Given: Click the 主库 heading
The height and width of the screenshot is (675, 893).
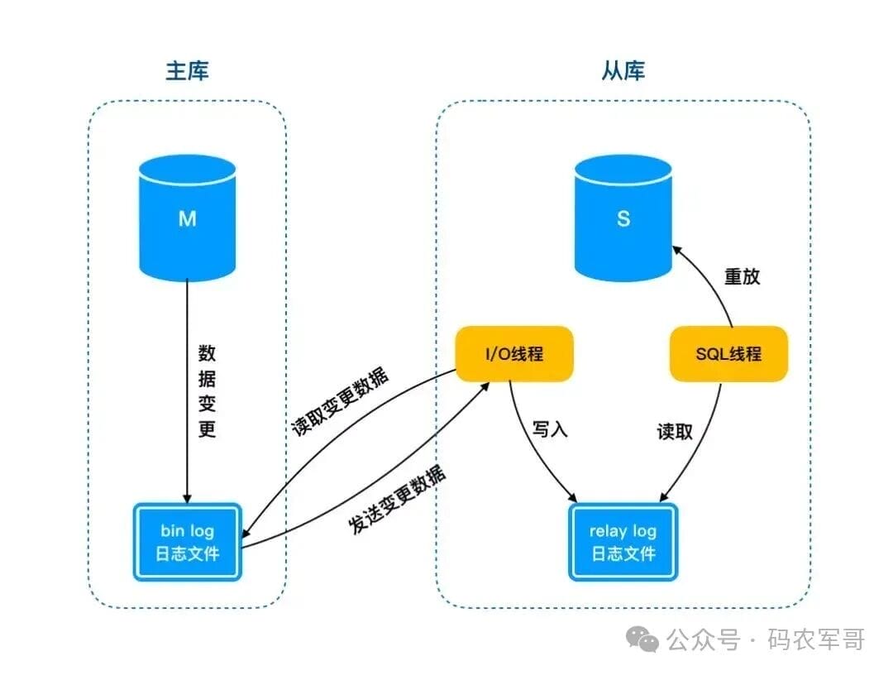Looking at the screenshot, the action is pyautogui.click(x=188, y=70).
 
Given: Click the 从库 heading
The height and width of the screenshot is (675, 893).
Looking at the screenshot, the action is pyautogui.click(x=623, y=70).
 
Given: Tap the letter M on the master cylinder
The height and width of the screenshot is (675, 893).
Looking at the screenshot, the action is pyautogui.click(x=188, y=218).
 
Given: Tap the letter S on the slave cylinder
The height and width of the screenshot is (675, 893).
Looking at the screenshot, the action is pyautogui.click(x=623, y=218).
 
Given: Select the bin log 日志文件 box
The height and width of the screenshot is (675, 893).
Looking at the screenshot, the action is pyautogui.click(x=188, y=542).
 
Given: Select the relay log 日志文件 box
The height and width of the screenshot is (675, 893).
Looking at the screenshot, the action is pyautogui.click(x=623, y=542).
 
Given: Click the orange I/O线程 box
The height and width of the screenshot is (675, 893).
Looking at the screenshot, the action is pyautogui.click(x=514, y=354).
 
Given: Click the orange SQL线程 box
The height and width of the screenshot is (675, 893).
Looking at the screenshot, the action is pyautogui.click(x=728, y=354).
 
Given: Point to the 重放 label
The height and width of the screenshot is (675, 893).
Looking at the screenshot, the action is pyautogui.click(x=742, y=276).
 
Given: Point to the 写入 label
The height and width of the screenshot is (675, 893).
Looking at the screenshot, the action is pyautogui.click(x=550, y=429).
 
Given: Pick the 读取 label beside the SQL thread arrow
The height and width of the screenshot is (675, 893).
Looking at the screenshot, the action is pyautogui.click(x=675, y=431).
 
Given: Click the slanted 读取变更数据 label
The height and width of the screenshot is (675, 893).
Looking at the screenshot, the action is pyautogui.click(x=341, y=401).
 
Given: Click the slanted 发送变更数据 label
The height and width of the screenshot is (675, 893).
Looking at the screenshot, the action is pyautogui.click(x=397, y=500).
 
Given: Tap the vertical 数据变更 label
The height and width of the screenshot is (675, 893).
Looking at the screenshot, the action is pyautogui.click(x=207, y=390).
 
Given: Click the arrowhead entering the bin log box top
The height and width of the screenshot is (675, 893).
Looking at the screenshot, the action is pyautogui.click(x=188, y=499).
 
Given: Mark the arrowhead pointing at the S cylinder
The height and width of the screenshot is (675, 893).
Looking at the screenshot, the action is pyautogui.click(x=678, y=251).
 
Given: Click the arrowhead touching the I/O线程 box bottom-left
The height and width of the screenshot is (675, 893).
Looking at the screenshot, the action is pyautogui.click(x=484, y=387).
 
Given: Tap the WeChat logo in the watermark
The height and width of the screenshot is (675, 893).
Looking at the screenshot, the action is pyautogui.click(x=642, y=639).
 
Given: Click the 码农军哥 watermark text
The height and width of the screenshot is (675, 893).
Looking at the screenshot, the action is pyautogui.click(x=816, y=639).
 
